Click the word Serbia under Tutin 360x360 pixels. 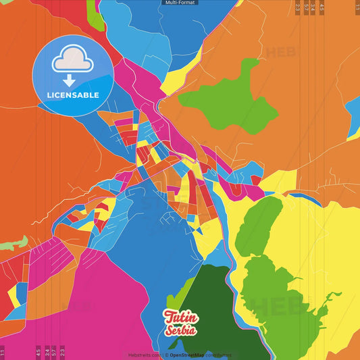pyautogui.click(x=181, y=330)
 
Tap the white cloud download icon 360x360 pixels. pyautogui.click(x=72, y=62)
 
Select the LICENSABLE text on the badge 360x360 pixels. pyautogui.click(x=72, y=95)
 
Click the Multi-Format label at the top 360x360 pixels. pyautogui.click(x=180, y=3)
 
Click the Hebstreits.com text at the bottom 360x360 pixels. pyautogui.click(x=144, y=355)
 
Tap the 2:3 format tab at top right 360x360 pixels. pyautogui.click(x=298, y=8)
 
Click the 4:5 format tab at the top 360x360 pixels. pyautogui.click(x=322, y=8)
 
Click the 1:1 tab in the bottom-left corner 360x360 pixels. pyautogui.click(x=3, y=352)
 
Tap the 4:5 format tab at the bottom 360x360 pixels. pyautogui.click(x=38, y=352)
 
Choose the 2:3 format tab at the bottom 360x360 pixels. pyautogui.click(x=62, y=352)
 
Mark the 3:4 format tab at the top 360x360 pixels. pyautogui.click(x=313, y=8)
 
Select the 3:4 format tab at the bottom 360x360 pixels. pyautogui.click(x=46, y=352)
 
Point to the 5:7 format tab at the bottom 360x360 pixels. pyautogui.click(x=54, y=352)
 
